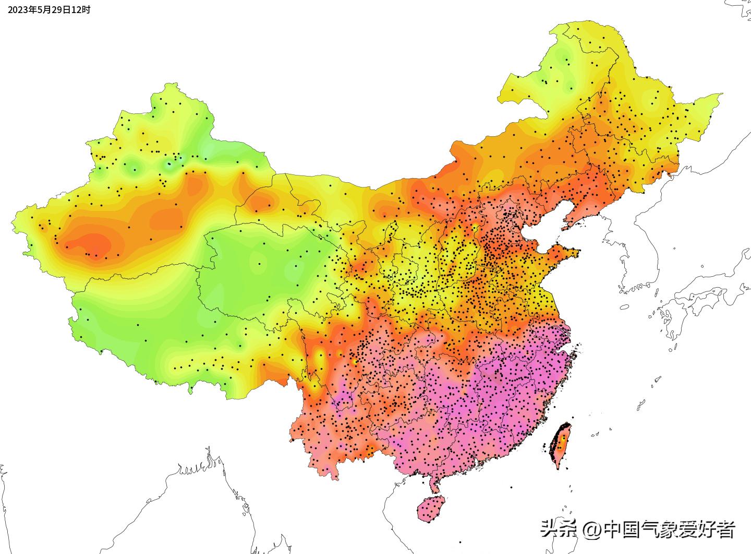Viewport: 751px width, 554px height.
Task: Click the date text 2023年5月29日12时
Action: pos(48,9)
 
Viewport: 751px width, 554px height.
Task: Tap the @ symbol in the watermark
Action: pos(592,530)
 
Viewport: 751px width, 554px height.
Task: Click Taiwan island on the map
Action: pos(561,444)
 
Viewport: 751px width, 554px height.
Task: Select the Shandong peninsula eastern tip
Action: pos(576,254)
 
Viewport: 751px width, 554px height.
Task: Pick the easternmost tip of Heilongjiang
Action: pos(721,95)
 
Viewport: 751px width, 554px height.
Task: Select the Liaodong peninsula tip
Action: pos(564,228)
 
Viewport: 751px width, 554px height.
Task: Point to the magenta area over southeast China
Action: pos(501,397)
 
